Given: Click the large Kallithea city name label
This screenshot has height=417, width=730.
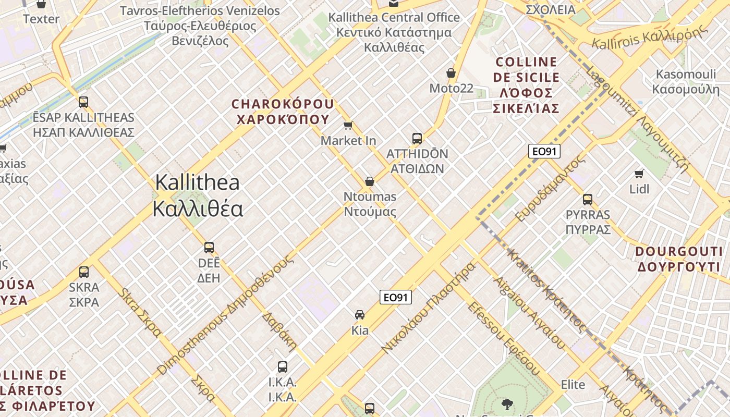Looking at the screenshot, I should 198,195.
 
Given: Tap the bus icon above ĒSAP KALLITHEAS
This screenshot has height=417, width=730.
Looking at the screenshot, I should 83,102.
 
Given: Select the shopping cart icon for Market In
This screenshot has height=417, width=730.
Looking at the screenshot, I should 348,125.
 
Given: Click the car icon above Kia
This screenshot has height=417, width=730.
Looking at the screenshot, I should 360,315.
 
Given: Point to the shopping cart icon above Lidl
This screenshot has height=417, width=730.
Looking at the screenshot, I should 639,174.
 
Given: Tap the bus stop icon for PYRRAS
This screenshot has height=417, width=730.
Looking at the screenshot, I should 588,199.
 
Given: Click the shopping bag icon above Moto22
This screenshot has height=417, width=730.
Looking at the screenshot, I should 451,73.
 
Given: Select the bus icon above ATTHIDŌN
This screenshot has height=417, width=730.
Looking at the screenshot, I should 417,139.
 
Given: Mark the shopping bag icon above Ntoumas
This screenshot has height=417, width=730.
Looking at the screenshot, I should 370,181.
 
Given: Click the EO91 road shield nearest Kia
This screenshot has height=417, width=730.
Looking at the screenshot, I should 395,298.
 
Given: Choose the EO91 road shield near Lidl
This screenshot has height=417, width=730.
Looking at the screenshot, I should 544,151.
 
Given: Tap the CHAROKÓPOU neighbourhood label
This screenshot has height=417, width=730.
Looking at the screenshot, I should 283,112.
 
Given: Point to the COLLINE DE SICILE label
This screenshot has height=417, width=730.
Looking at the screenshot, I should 526,85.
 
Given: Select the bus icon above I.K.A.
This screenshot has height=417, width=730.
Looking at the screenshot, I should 283,367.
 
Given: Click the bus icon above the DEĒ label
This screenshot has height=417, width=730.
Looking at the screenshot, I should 209,248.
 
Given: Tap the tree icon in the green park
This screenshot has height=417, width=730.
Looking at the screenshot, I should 506,403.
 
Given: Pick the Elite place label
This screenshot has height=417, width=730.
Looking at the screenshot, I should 573,385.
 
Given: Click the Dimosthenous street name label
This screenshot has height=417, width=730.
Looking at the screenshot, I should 226,315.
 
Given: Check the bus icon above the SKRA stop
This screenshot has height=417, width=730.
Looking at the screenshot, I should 84,272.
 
